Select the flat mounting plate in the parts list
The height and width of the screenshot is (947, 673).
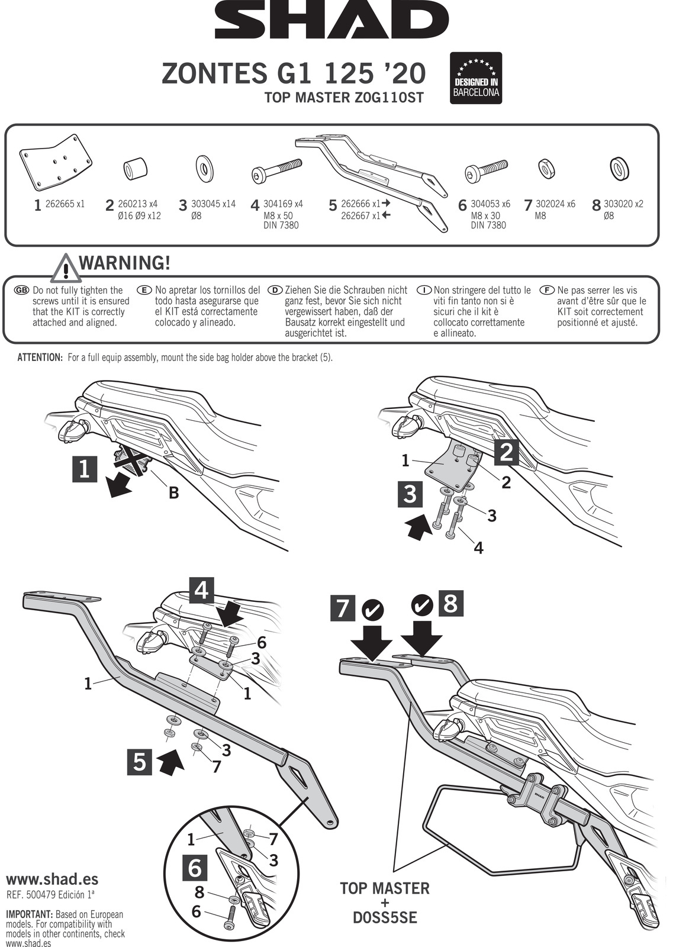point(56,162)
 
